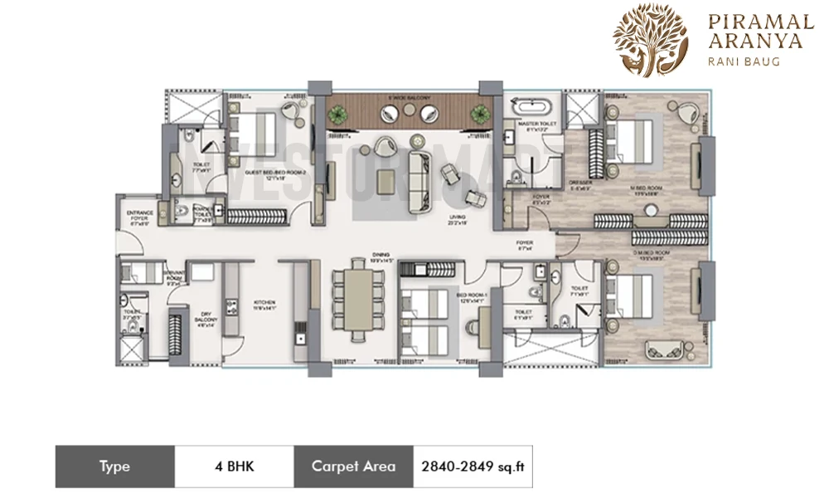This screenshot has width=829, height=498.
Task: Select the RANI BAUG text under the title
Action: (744, 61)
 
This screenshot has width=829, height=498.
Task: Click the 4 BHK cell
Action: (234, 466)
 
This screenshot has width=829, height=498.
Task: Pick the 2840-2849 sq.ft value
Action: (472, 466)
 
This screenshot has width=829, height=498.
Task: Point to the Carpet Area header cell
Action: (354, 466)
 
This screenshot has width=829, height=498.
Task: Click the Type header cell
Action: (114, 466)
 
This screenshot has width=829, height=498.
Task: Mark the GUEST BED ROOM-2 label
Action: (265, 173)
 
